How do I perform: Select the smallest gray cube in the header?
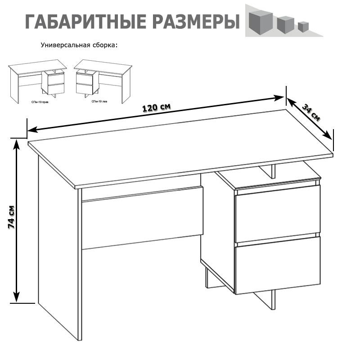303,26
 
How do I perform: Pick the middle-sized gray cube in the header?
284,24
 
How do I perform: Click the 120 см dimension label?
156,108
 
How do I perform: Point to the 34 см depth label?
311,113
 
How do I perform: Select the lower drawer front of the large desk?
278,265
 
